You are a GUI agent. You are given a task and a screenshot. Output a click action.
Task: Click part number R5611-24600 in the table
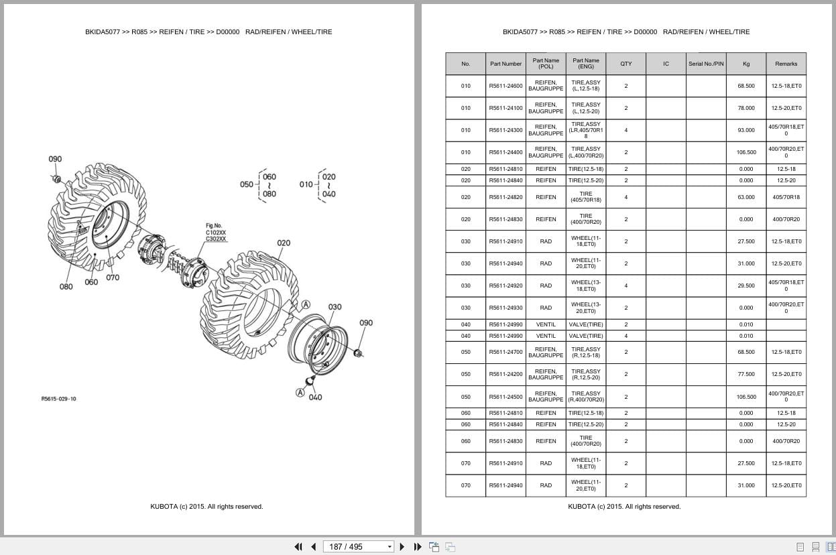[505, 86]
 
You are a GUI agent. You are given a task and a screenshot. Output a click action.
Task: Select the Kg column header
[746, 64]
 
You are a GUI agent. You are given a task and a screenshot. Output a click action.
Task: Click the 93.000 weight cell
[746, 130]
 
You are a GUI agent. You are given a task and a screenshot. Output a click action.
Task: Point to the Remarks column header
[786, 64]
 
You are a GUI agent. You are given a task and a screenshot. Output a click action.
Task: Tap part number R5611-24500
[505, 396]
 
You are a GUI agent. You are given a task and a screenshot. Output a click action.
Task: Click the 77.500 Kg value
[746, 374]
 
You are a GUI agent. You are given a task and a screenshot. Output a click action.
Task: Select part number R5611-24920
[505, 286]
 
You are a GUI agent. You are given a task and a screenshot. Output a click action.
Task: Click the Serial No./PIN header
[706, 64]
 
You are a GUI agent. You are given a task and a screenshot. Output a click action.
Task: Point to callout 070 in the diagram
[113, 277]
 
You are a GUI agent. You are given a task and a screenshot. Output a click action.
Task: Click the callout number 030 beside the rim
[335, 307]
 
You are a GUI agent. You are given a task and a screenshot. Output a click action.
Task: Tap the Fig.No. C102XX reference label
[216, 233]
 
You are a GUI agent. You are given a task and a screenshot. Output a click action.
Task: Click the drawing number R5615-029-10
[59, 399]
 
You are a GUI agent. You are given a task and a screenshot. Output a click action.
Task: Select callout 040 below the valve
[315, 397]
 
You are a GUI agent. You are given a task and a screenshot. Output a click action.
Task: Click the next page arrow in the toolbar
[402, 546]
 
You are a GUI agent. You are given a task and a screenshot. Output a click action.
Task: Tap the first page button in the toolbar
[298, 546]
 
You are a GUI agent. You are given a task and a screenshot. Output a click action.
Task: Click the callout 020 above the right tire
[284, 243]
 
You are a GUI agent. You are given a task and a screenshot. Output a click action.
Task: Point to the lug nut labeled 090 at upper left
[57, 178]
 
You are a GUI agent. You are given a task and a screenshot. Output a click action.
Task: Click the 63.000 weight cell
[746, 197]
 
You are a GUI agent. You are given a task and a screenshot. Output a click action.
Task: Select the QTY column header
[625, 64]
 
